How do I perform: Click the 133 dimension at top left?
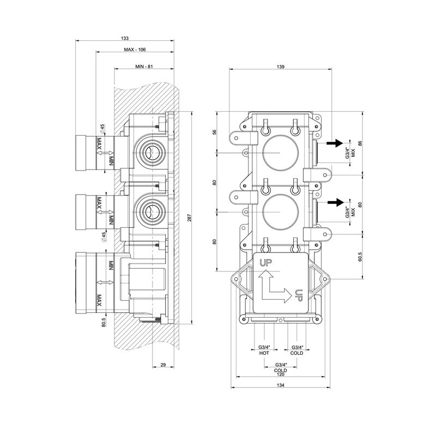click(125, 38)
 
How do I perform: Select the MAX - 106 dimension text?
click(134, 50)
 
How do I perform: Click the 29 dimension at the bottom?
click(163, 364)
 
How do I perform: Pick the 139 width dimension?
click(281, 66)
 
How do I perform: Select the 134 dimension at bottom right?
click(280, 385)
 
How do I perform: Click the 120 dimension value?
click(280, 374)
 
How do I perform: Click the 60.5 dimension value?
click(359, 256)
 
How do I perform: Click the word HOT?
click(264, 353)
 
